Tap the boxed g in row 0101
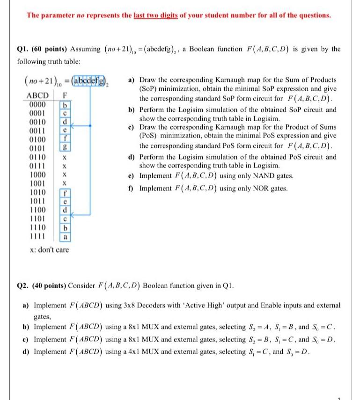pos(66,148)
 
